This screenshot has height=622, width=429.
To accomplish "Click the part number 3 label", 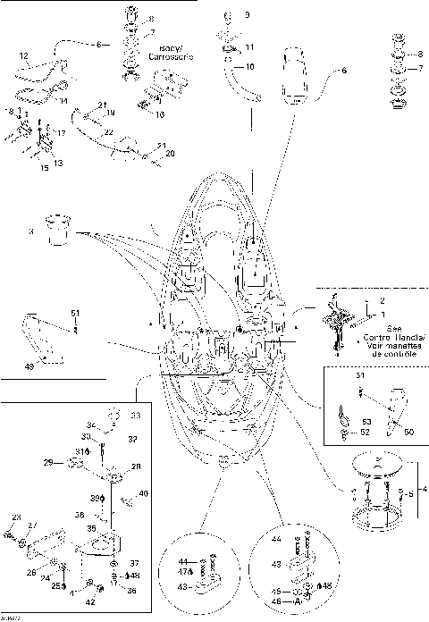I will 30,231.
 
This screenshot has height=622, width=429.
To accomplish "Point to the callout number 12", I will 24,55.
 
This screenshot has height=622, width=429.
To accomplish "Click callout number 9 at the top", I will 248,16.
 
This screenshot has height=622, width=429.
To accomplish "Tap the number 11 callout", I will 249,46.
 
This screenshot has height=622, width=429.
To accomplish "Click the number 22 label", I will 108,130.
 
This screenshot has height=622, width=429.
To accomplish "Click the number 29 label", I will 48,461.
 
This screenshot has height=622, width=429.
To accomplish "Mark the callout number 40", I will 145,493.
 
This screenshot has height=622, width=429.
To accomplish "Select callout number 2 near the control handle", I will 383,301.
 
